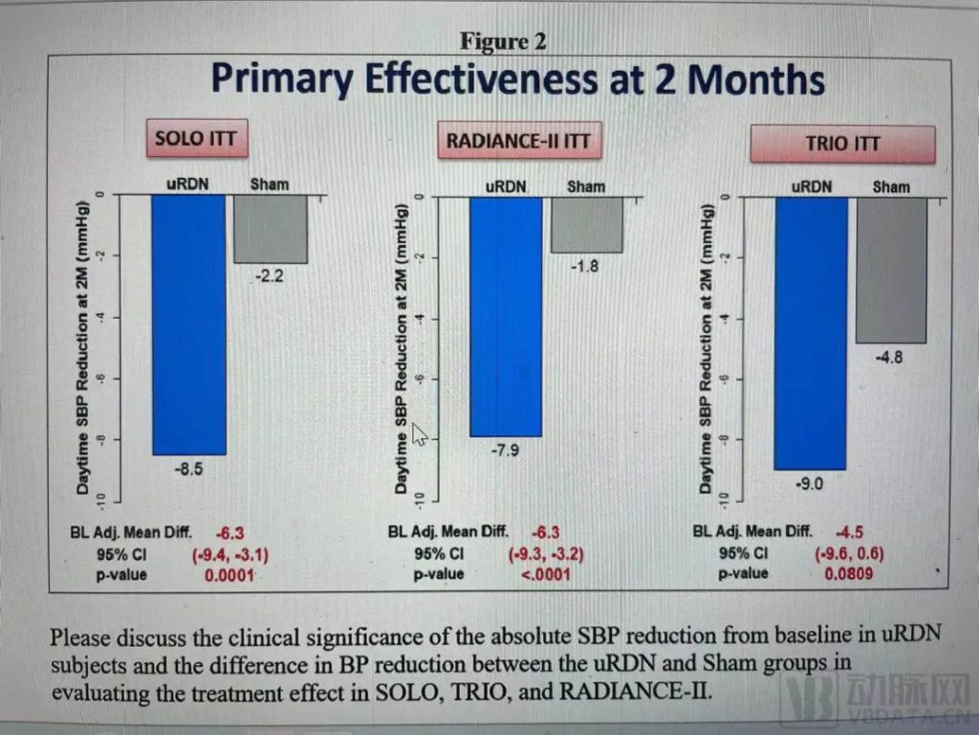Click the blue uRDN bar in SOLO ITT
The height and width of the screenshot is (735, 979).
point(188,323)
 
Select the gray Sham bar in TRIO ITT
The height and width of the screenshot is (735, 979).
point(890,269)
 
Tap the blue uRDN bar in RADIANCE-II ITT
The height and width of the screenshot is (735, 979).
point(505,316)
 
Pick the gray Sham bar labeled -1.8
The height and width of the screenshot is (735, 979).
point(586,224)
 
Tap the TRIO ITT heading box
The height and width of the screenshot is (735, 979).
point(841,144)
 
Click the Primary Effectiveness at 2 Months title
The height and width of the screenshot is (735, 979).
point(517,78)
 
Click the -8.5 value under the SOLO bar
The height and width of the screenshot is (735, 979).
point(187,470)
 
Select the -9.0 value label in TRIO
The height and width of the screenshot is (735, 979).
point(809,484)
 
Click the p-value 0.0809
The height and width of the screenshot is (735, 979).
point(847,574)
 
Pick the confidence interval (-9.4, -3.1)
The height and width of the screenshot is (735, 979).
point(234,553)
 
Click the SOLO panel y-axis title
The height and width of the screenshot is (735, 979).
point(84,348)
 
